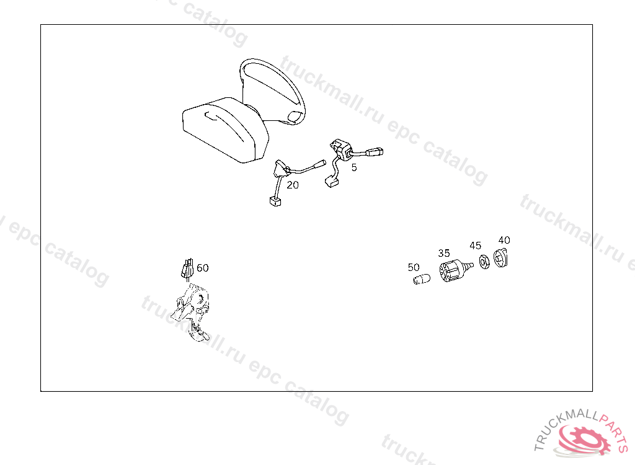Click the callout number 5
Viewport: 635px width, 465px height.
click(x=354, y=167)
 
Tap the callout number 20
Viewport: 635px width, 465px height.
click(x=293, y=185)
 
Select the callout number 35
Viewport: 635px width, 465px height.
click(x=444, y=253)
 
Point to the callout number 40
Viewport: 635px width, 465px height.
click(x=504, y=240)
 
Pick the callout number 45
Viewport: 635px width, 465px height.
click(x=476, y=246)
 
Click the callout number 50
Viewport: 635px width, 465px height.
click(x=414, y=267)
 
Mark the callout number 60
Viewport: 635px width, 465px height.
click(x=203, y=268)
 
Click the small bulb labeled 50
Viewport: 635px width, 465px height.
click(x=422, y=279)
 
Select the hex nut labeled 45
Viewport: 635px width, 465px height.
click(x=484, y=262)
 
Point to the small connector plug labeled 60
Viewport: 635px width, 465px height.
click(x=187, y=268)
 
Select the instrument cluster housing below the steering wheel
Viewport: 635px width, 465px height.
click(x=224, y=130)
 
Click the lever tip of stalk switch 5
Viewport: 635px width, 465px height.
click(x=375, y=153)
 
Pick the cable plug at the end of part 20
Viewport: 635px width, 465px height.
click(x=275, y=201)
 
